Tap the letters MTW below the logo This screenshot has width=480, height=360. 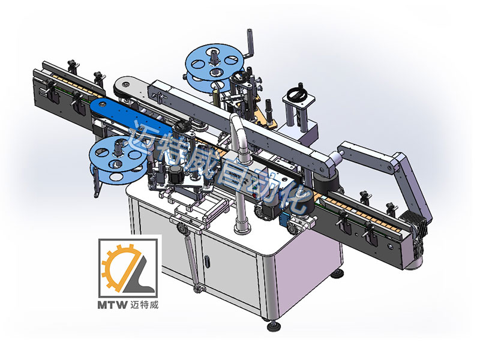click(x=112, y=305)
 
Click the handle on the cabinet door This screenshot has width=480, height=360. click(x=207, y=262)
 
